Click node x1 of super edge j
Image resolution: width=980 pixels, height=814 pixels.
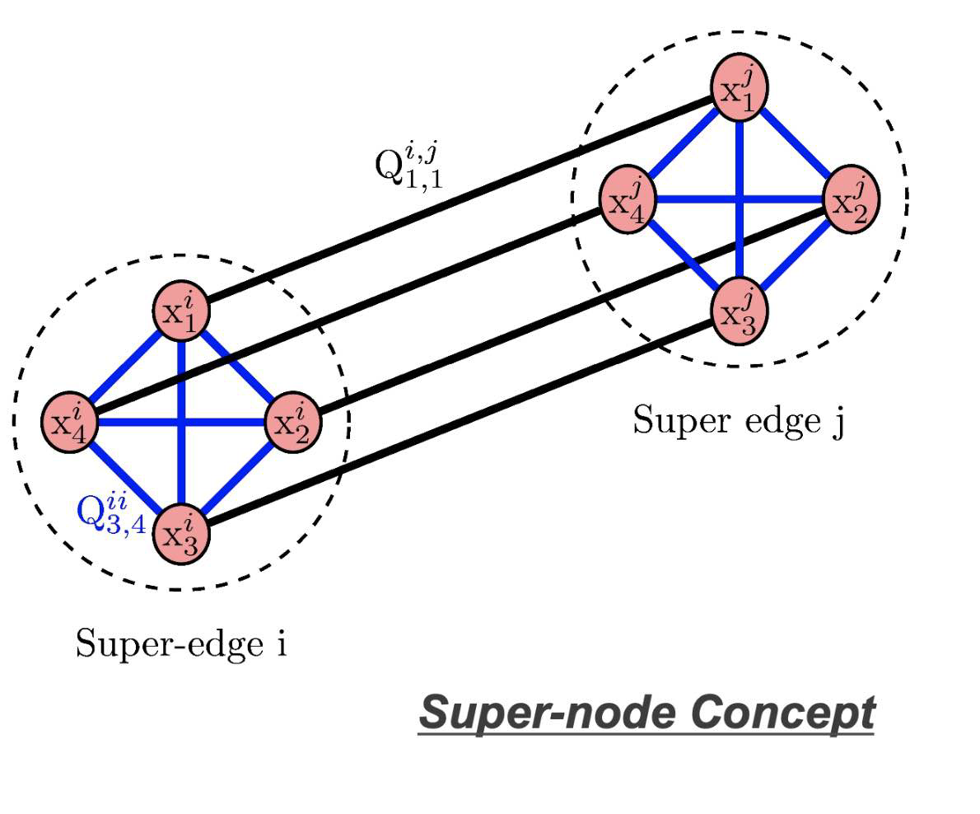740,86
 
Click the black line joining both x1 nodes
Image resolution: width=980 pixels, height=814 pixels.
461,199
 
